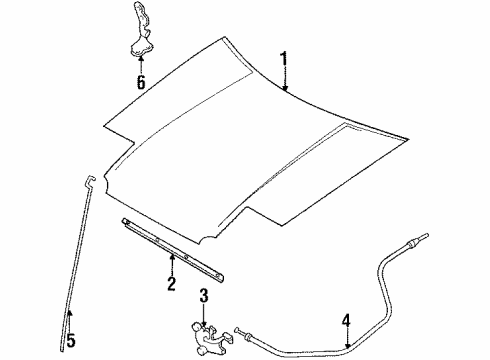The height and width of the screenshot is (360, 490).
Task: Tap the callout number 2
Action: [x=172, y=285]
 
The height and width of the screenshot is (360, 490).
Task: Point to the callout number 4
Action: [x=346, y=322]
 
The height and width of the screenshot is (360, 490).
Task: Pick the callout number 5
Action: [x=69, y=340]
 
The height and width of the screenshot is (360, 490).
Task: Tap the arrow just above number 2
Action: [x=172, y=262]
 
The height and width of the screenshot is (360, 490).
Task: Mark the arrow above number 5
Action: [x=69, y=318]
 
